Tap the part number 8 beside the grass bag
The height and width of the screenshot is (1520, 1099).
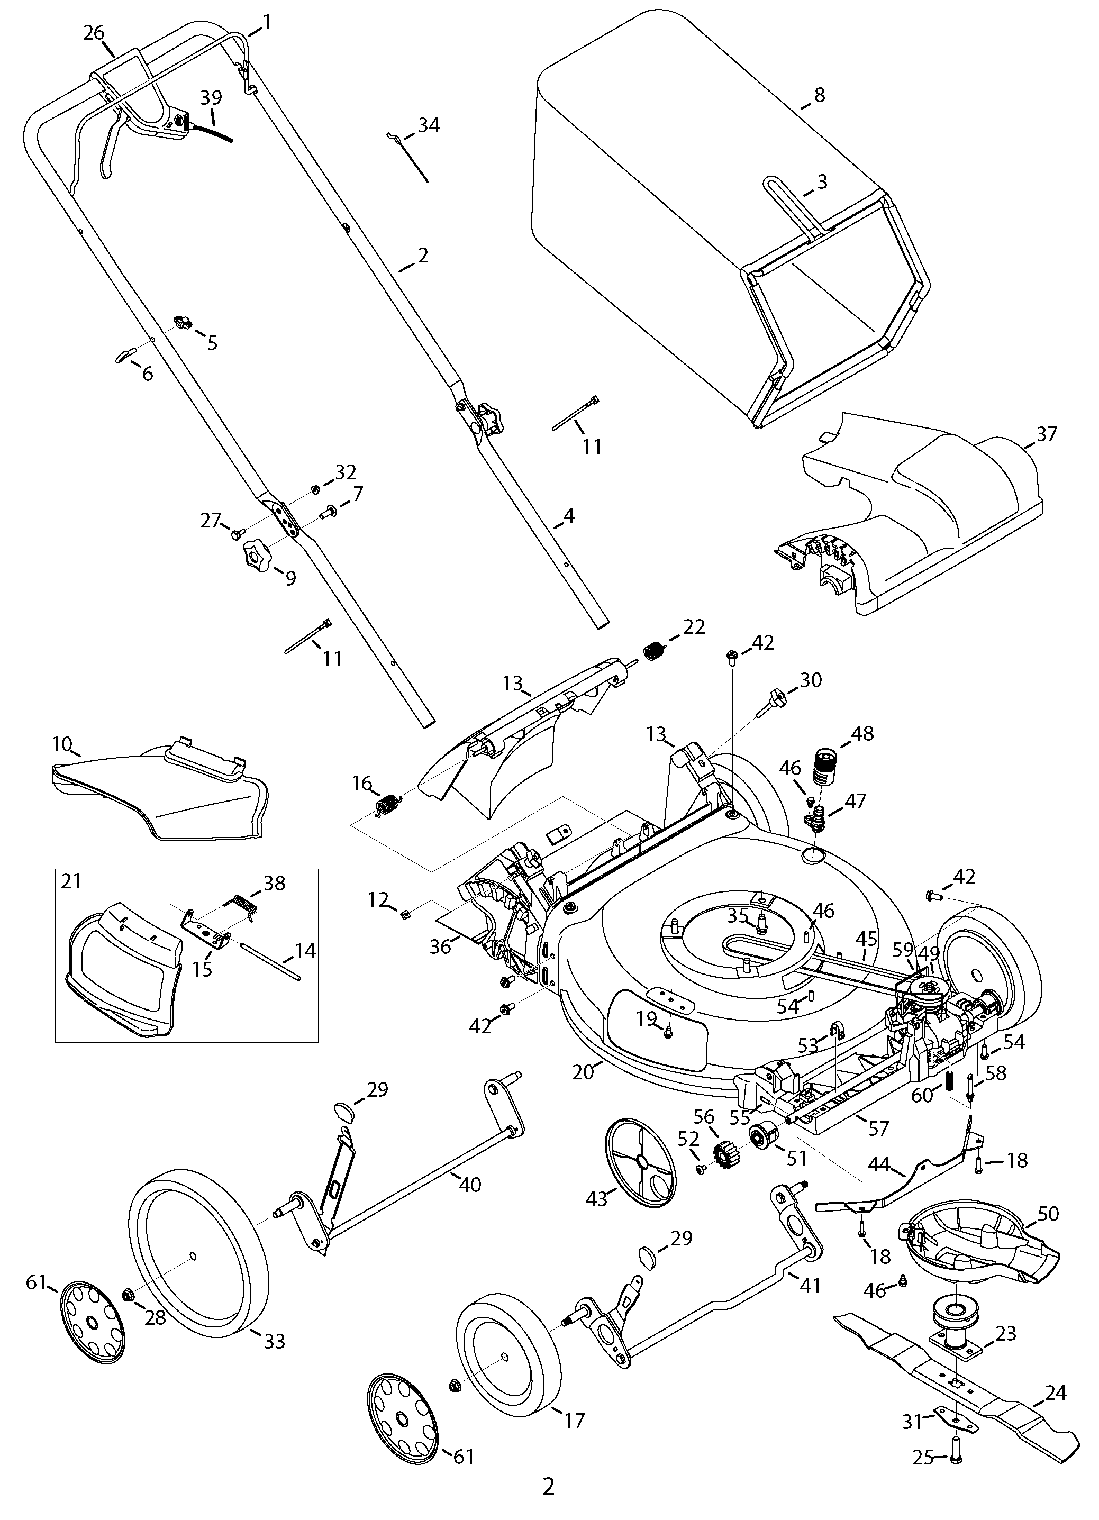point(819,95)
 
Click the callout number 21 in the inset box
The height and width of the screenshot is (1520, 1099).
point(71,881)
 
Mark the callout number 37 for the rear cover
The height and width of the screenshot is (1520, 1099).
point(1046,434)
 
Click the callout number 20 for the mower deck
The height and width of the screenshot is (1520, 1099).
point(583,1072)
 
